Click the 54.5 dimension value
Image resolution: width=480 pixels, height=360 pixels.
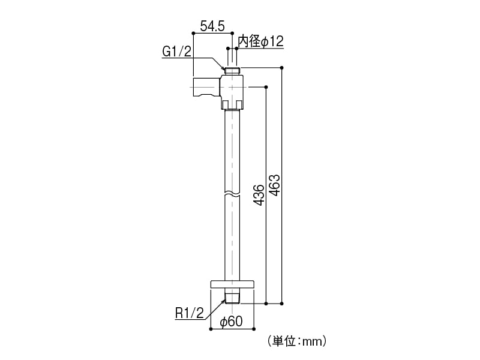pos(212,26)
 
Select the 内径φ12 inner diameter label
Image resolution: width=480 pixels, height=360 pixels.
pos(261,41)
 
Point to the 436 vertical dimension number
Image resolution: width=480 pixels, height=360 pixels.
pos(259,194)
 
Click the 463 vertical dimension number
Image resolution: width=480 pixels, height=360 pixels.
pos(275,185)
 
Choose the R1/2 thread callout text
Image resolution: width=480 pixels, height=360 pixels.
pos(190,313)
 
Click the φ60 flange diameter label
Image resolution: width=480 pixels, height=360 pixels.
pos(232,322)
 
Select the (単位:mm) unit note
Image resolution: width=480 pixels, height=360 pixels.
pos(297,341)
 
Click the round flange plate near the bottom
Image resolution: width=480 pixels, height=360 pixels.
pos(232,284)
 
